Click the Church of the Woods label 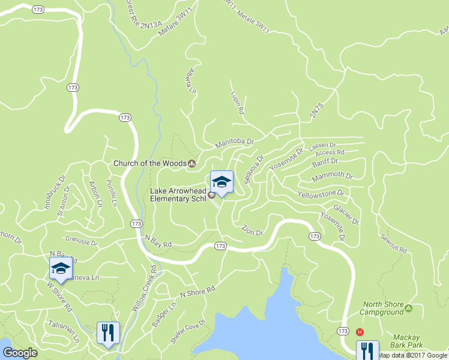pos(150,163)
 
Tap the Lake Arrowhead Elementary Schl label pos(177,194)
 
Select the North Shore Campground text pos(382,308)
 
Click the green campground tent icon pos(409,308)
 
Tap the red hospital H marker pos(360,332)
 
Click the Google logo pos(20,353)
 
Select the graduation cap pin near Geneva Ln pos(61,269)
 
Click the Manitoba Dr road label pos(235,143)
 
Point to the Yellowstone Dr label pos(321,194)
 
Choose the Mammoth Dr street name pos(333,176)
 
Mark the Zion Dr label pos(252,230)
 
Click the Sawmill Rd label pos(393,243)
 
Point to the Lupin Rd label pos(237,103)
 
